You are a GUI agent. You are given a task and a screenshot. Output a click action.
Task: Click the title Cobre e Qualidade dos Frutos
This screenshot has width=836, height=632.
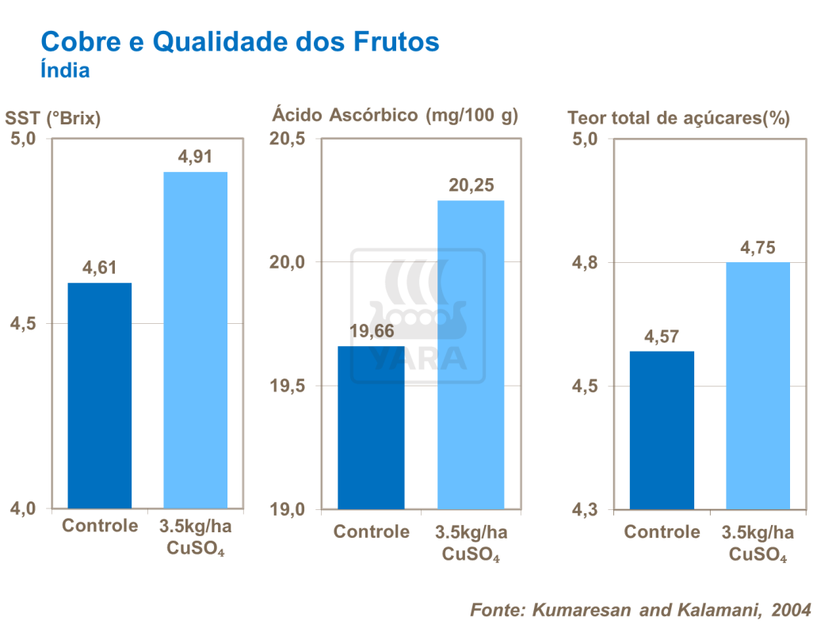(x=239, y=41)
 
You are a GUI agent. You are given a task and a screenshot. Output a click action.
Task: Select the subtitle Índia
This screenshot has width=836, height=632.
(x=65, y=70)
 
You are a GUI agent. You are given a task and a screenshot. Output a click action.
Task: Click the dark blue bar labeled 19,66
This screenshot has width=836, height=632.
(x=371, y=427)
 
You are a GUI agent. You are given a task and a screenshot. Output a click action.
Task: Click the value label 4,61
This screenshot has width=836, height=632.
(x=100, y=268)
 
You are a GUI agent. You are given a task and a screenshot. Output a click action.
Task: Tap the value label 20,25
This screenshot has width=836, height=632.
(x=471, y=185)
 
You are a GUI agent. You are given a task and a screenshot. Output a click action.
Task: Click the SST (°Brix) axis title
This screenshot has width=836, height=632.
(x=53, y=119)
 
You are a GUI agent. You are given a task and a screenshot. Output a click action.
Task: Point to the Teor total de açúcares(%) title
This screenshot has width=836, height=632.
(x=678, y=119)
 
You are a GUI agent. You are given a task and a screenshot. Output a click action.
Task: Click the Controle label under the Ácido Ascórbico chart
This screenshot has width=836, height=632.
(x=371, y=531)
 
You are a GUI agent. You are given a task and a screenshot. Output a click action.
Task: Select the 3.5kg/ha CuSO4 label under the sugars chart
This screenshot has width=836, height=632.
(x=758, y=543)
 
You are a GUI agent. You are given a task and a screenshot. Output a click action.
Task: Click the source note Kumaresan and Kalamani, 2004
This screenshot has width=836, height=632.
(x=641, y=610)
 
